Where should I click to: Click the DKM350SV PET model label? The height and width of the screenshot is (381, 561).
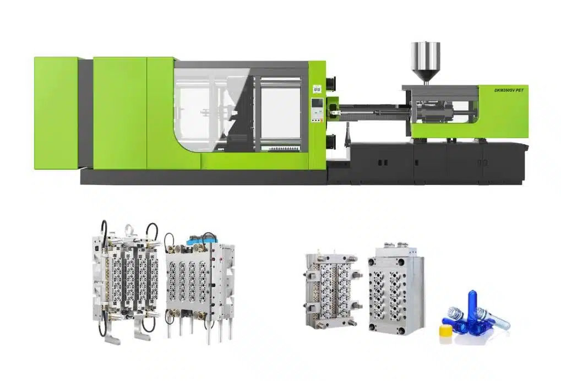(x=508, y=90)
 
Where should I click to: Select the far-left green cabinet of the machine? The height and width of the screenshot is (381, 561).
(x=56, y=113)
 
